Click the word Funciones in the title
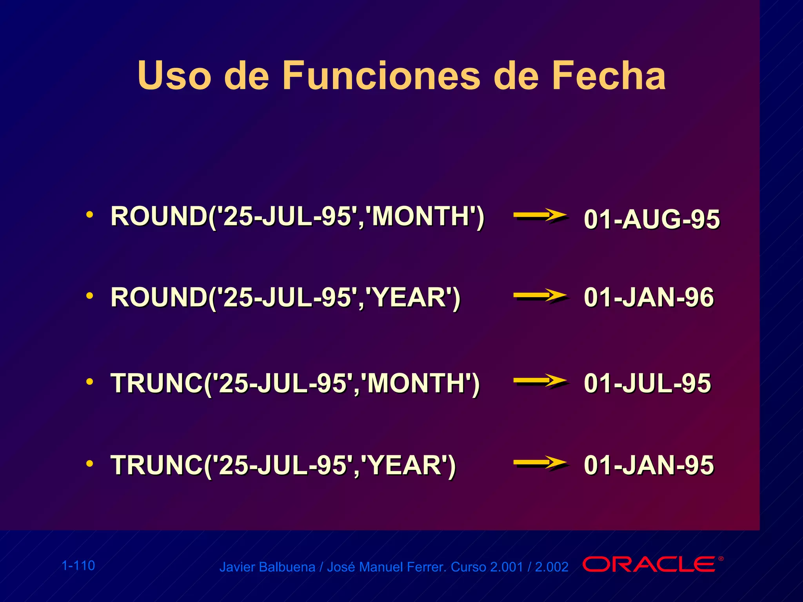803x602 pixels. click(x=381, y=76)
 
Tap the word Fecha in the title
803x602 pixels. click(x=609, y=76)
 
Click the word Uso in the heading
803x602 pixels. click(x=174, y=76)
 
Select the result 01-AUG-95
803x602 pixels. click(x=652, y=219)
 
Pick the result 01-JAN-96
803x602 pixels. click(x=649, y=297)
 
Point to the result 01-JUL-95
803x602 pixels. click(x=647, y=383)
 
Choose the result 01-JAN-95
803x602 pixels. click(x=649, y=465)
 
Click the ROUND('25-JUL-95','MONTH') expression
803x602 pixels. click(x=297, y=216)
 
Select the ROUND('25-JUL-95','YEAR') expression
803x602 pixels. click(x=285, y=297)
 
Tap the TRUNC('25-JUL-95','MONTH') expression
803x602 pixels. click(x=295, y=383)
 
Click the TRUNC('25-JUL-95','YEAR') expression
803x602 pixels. click(x=283, y=465)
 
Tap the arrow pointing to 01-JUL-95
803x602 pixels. click(x=540, y=381)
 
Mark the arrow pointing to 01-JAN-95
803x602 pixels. click(x=540, y=463)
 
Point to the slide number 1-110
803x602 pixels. click(x=78, y=566)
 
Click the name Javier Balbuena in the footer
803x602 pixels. click(x=267, y=567)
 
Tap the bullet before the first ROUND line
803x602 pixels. click(x=90, y=214)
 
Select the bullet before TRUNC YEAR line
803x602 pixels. click(x=90, y=464)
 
